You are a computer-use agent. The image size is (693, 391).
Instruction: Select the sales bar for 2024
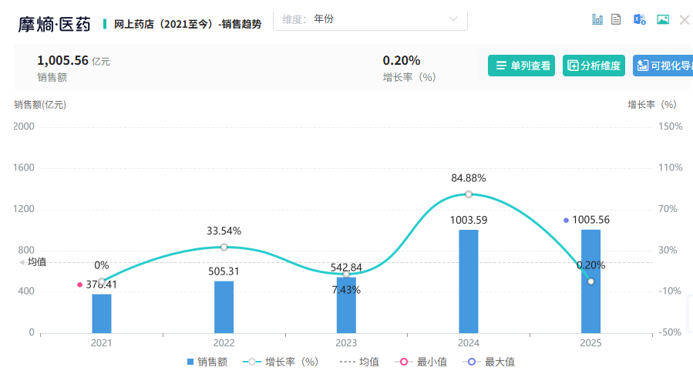pos(468,281)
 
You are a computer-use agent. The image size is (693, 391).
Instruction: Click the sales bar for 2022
pos(224,306)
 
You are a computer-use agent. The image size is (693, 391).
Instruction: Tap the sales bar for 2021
pos(102,313)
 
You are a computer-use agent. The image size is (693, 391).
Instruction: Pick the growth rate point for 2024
pos(468,194)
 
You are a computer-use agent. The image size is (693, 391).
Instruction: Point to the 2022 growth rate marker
pos(224,247)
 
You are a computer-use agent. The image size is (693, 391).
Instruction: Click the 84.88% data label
pos(468,178)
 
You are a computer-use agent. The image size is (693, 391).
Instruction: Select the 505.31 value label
pos(224,271)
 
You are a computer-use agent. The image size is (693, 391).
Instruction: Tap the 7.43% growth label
pos(346,290)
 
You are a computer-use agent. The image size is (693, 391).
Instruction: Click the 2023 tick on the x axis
pos(346,343)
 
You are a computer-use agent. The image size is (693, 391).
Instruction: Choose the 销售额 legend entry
pos(207,362)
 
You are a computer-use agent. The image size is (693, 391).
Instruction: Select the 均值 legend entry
pos(360,362)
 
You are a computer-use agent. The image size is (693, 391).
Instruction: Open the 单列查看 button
pos(521,66)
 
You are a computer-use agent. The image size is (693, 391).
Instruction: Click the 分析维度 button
pos(594,66)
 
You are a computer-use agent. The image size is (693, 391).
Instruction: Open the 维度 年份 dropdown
pos(370,19)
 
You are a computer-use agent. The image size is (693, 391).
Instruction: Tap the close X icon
pos(684,19)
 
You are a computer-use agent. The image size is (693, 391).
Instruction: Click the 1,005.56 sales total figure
pos(62,60)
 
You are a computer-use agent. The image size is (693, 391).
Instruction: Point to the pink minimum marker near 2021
pos(79,285)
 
